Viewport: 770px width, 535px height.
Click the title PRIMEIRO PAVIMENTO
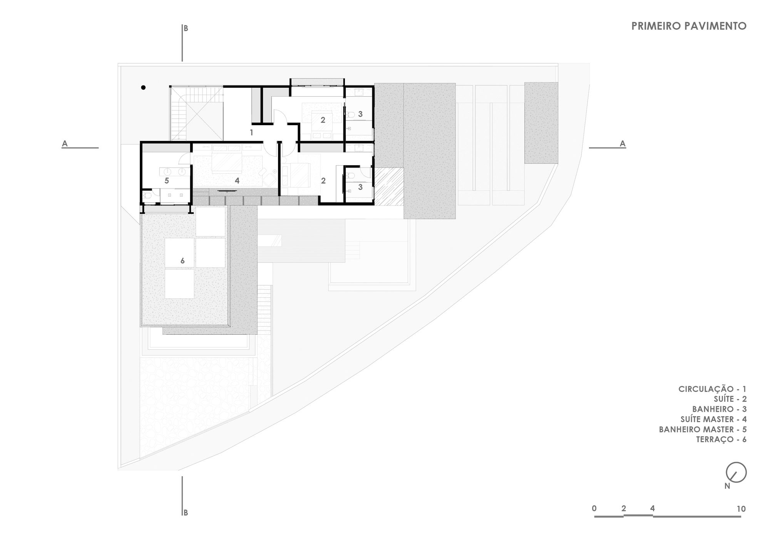689,26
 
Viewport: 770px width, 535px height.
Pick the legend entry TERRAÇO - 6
721,439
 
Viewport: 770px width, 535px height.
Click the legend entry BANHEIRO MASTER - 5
703,429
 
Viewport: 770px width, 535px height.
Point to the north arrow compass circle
736,472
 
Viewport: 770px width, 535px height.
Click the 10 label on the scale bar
741,509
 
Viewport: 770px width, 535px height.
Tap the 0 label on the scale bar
594,508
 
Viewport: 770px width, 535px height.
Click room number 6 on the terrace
182,261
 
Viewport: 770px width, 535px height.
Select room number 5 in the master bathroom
167,180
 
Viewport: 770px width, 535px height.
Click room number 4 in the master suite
237,180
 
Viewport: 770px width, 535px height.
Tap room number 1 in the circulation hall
251,132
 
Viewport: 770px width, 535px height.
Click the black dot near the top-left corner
143,87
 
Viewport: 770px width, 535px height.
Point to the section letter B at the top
186,29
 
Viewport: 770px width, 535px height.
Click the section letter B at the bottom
186,513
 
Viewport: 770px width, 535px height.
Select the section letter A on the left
65,144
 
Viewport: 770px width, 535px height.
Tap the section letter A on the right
623,144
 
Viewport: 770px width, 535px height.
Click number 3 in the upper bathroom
360,114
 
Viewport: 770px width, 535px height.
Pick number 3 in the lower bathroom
360,187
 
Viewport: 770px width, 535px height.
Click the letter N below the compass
727,486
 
